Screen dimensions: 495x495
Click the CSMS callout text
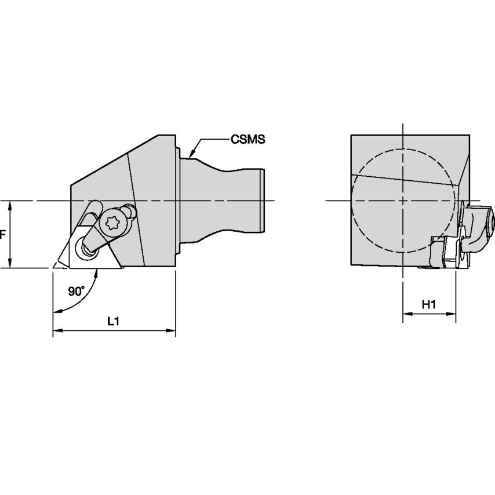(x=247, y=139)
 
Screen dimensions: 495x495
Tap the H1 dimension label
(x=429, y=304)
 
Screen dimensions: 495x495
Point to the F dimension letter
(x=2, y=235)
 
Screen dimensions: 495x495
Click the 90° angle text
(x=76, y=292)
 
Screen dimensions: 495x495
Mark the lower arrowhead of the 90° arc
(x=56, y=312)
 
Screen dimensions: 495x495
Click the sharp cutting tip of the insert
(x=54, y=268)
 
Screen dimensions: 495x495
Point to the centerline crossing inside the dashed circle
(x=403, y=201)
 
